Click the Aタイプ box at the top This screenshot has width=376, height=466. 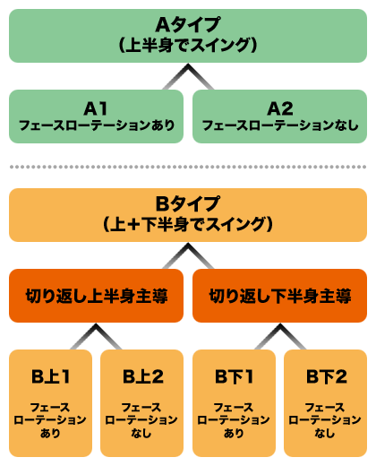(188, 34)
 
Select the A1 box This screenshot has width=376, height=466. (96, 116)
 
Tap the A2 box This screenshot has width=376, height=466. (279, 116)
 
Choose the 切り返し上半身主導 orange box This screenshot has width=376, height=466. (96, 296)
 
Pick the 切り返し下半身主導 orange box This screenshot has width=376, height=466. (279, 296)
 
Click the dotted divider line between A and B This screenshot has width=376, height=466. (188, 167)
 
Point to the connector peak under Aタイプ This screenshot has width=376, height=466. (188, 73)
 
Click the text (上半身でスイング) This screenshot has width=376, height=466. (188, 44)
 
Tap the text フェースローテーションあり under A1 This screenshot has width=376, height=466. (96, 125)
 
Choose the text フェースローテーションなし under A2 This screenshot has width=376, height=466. (279, 125)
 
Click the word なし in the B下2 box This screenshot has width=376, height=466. (325, 433)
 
